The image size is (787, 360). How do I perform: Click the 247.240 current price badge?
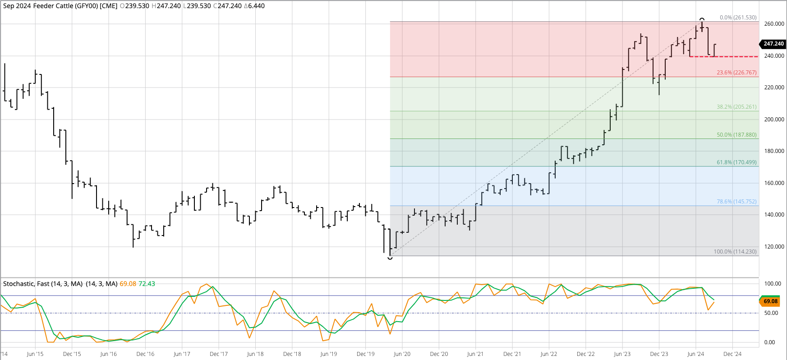tap(773, 44)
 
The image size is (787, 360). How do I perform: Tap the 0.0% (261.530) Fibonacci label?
tap(738, 18)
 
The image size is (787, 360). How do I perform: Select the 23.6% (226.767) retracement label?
tap(736, 73)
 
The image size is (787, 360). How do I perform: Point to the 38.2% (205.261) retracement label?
tap(736, 107)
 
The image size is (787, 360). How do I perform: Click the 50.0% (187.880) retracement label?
tap(736, 135)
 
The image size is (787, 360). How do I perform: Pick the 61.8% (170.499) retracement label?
tap(736, 162)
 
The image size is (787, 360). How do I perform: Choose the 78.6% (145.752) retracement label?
tap(736, 202)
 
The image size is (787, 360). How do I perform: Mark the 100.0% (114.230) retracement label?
tap(735, 252)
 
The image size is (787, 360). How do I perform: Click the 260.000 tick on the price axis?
tap(774, 24)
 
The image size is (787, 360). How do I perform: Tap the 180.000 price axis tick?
tap(774, 151)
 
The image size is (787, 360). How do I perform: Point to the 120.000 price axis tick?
tap(774, 247)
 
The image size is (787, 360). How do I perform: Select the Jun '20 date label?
tap(402, 354)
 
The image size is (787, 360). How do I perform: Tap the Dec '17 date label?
tap(219, 354)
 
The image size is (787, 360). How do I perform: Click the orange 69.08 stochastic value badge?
tap(770, 301)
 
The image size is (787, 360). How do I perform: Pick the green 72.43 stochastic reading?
tap(147, 284)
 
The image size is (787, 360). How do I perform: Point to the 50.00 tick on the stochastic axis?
tap(771, 313)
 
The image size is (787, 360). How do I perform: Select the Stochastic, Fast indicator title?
tap(43, 284)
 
